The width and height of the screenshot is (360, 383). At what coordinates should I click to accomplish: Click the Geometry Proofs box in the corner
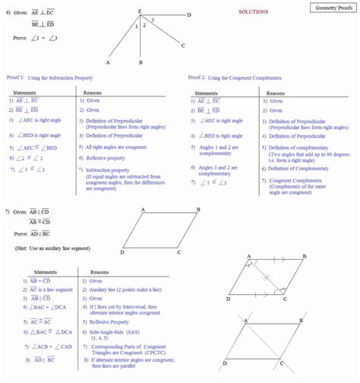[331, 7]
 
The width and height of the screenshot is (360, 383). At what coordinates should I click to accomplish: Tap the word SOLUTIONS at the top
[254, 12]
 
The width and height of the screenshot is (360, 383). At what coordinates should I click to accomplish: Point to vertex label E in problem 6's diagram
[139, 10]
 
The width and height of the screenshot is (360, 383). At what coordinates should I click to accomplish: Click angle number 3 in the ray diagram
[152, 19]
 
